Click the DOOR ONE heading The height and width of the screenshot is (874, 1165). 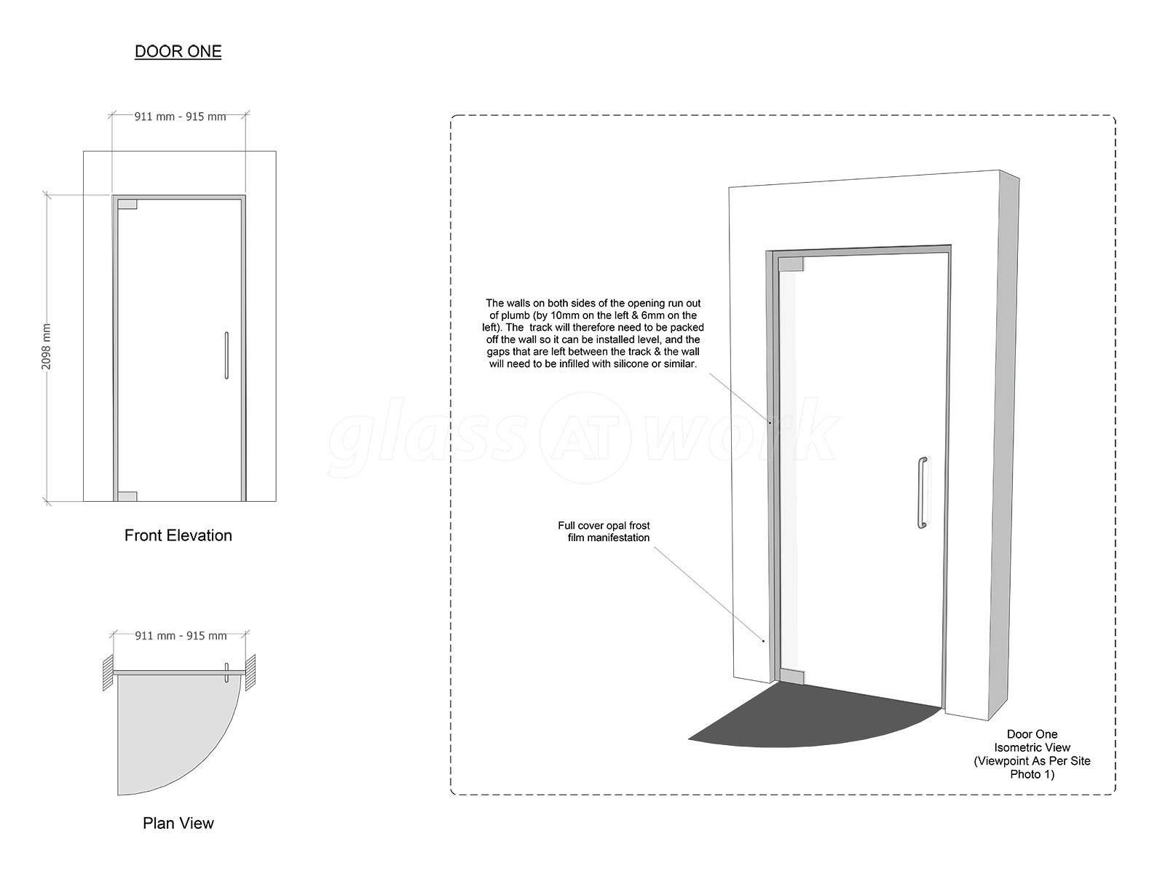(x=178, y=52)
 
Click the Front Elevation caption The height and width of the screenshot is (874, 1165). (x=178, y=535)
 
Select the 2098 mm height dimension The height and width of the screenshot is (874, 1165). (x=47, y=347)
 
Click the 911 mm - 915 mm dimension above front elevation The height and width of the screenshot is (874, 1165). (x=180, y=117)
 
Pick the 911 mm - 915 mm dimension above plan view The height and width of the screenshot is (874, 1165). (x=181, y=635)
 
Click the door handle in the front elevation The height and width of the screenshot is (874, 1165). (x=226, y=355)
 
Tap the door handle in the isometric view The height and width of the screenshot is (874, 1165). (x=923, y=492)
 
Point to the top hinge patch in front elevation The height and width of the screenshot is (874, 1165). (x=127, y=205)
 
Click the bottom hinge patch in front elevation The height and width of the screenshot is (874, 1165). (x=127, y=496)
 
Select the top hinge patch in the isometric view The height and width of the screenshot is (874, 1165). (x=791, y=264)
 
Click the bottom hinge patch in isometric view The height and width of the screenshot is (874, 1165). (x=791, y=677)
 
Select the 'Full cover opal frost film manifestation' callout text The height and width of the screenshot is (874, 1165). (x=604, y=531)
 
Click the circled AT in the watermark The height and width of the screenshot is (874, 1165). (x=585, y=438)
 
